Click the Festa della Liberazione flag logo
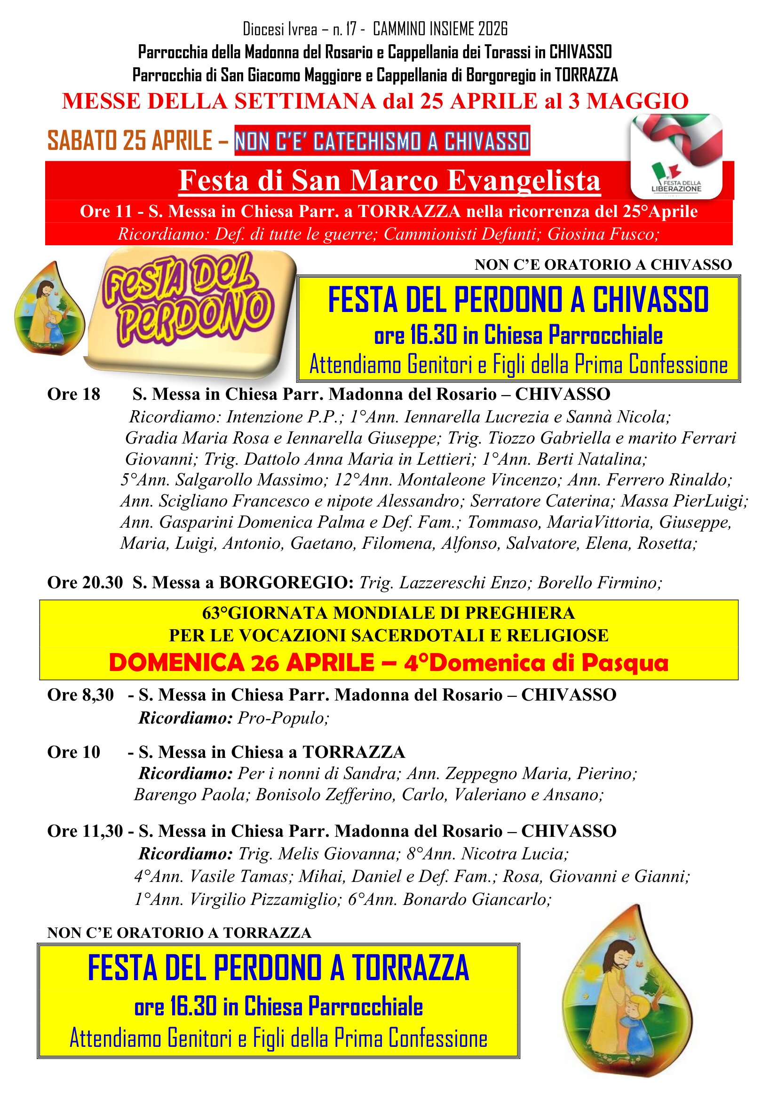676,156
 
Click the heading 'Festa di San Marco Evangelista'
389,181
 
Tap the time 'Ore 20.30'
85,583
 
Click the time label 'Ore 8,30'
80,694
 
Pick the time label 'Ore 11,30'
85,831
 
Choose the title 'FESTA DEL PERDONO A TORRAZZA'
278,967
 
